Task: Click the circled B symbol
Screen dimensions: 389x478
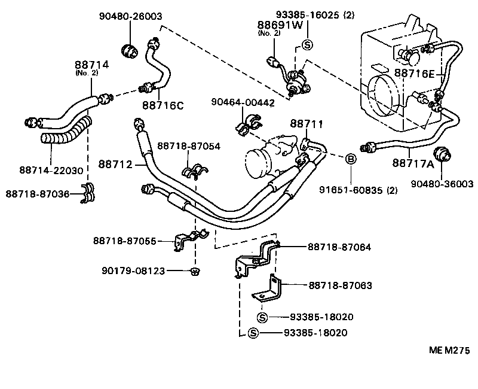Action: [351, 159]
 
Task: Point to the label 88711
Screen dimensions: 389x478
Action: [307, 124]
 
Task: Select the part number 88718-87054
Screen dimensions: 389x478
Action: [188, 146]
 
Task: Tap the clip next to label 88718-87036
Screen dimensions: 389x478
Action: [88, 193]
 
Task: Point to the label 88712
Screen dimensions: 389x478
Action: [115, 163]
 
